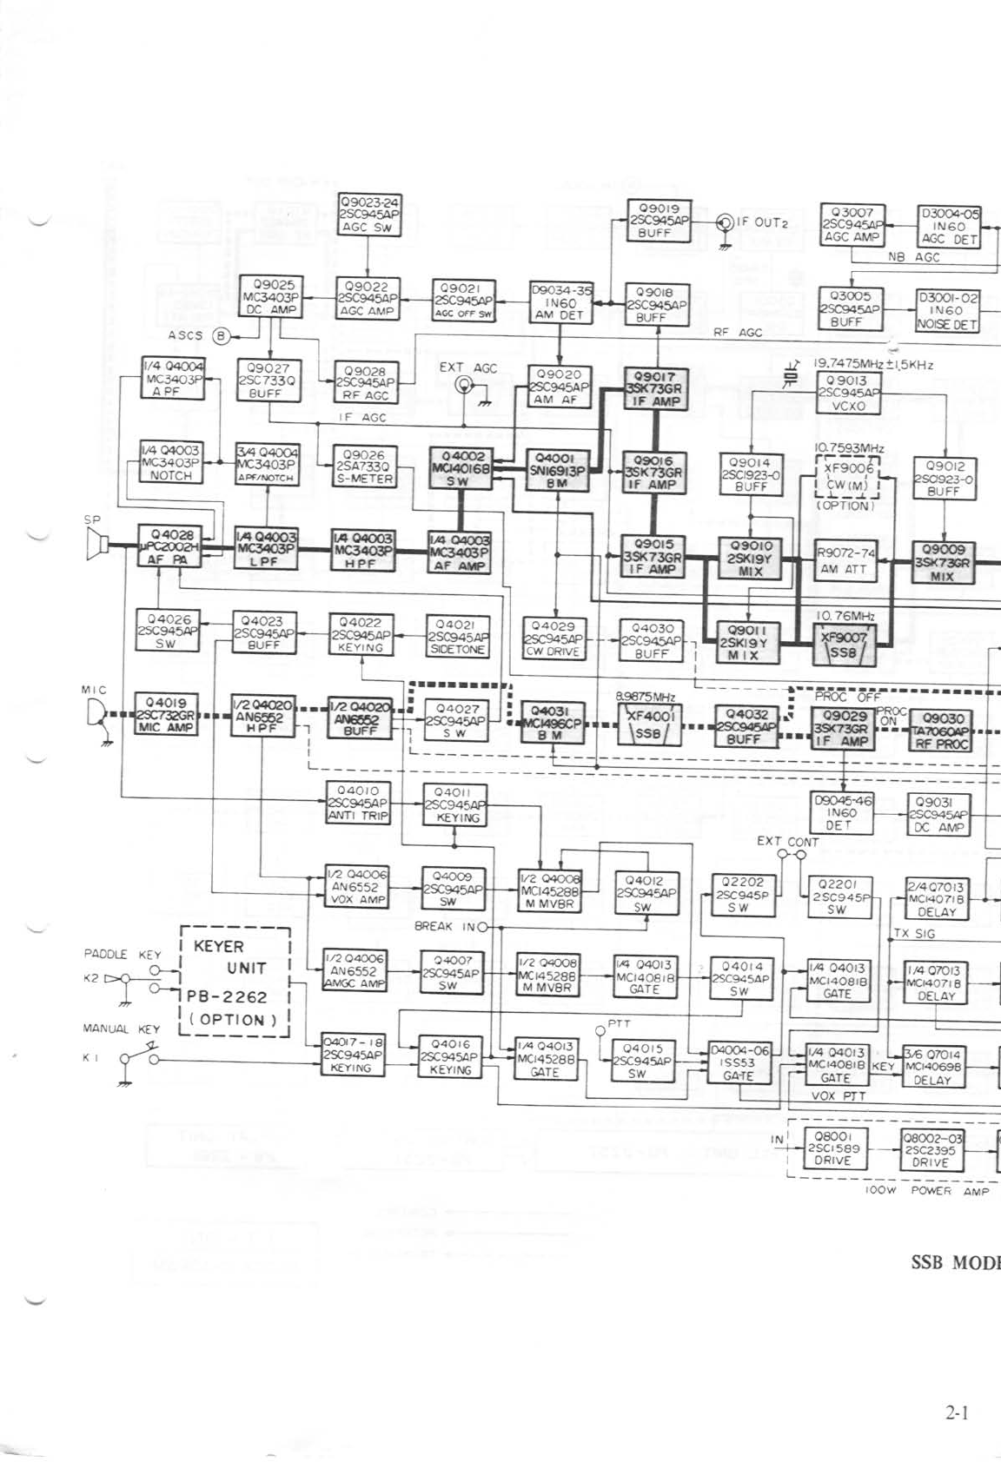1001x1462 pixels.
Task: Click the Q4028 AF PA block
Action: pyautogui.click(x=169, y=546)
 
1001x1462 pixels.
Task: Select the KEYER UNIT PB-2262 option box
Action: pyautogui.click(x=234, y=982)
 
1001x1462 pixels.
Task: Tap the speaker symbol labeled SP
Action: pyautogui.click(x=96, y=545)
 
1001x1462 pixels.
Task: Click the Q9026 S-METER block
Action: pyautogui.click(x=367, y=466)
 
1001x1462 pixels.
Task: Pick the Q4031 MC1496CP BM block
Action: pyautogui.click(x=552, y=723)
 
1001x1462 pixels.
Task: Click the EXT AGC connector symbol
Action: pyautogui.click(x=467, y=387)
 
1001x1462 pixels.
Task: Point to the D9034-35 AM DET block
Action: pyautogui.click(x=560, y=303)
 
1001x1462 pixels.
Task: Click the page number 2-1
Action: pyautogui.click(x=956, y=1413)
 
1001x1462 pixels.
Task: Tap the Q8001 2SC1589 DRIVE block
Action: pyautogui.click(x=832, y=1148)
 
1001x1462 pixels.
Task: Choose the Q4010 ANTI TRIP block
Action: pyautogui.click(x=357, y=804)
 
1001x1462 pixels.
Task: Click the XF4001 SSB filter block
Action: pyautogui.click(x=647, y=722)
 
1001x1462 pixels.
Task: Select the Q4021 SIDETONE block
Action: pyautogui.click(x=458, y=636)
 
